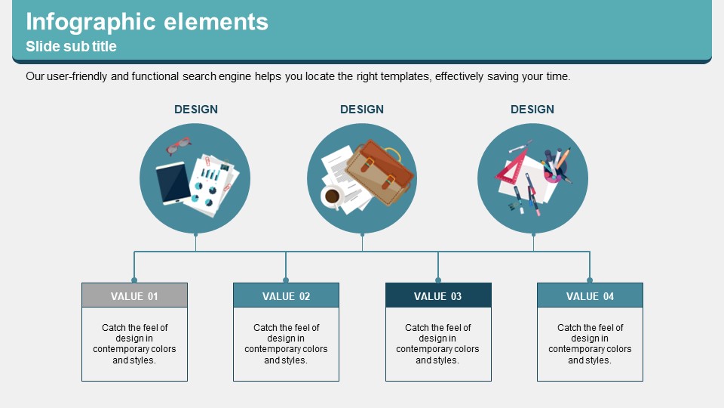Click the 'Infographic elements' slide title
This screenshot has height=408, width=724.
(x=147, y=22)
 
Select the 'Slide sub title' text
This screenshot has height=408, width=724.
(x=71, y=46)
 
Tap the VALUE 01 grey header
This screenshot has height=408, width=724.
(x=134, y=295)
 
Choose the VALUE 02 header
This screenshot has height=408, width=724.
(x=287, y=295)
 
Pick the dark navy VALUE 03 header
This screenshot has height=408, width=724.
(x=438, y=295)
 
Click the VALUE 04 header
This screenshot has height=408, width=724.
(x=590, y=295)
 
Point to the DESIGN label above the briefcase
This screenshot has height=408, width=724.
(x=362, y=109)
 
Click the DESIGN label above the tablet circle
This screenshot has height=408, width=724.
(x=196, y=109)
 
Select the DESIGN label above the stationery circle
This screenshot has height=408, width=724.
(x=532, y=109)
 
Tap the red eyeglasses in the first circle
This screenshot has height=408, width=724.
(x=179, y=145)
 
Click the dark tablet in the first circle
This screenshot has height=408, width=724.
(x=173, y=183)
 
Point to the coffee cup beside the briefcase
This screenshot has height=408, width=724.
(x=332, y=196)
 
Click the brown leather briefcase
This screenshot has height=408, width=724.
(x=379, y=172)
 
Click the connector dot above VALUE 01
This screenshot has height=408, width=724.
(x=134, y=280)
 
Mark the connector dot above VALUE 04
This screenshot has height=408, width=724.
(x=590, y=280)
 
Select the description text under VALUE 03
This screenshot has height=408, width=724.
(x=437, y=344)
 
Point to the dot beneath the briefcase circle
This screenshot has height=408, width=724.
(x=363, y=235)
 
